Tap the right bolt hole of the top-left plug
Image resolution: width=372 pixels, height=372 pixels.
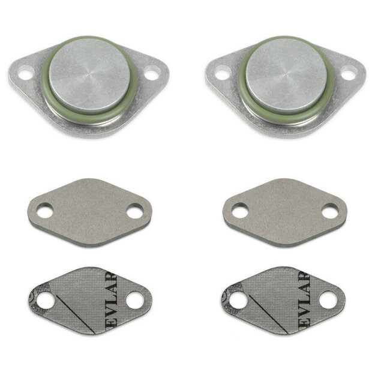coord(152,74)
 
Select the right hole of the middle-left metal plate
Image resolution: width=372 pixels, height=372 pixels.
coord(135,211)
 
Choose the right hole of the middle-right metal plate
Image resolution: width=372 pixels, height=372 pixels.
coord(330,211)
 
